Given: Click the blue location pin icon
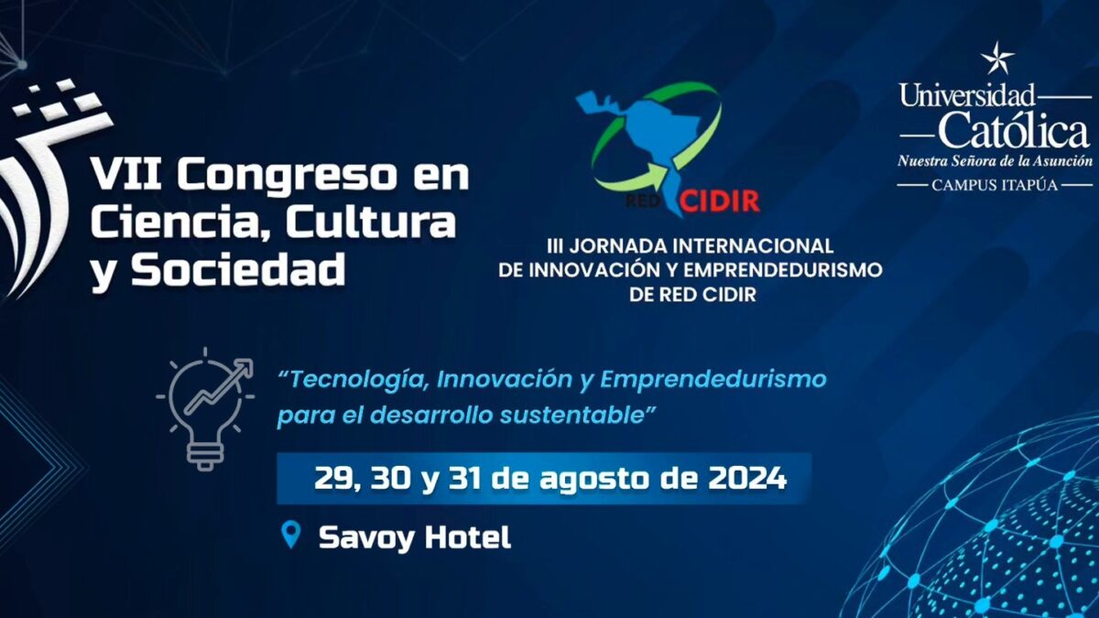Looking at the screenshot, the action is click(x=291, y=535).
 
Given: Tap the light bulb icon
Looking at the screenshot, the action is click(x=206, y=408).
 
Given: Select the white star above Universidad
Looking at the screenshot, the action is click(x=997, y=59).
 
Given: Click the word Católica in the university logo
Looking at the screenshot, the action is click(x=1014, y=129).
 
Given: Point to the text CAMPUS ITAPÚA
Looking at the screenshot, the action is click(x=995, y=185).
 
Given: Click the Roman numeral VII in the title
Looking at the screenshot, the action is click(x=127, y=175).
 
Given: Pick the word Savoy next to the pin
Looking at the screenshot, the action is click(x=366, y=538).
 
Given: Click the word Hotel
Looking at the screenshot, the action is click(x=468, y=537).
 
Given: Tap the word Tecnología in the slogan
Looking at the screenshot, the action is click(x=358, y=380).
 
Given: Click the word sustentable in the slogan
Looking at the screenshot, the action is click(x=571, y=416).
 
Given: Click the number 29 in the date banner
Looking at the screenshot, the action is click(x=333, y=479).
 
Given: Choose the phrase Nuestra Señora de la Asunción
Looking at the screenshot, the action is click(x=995, y=161).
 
